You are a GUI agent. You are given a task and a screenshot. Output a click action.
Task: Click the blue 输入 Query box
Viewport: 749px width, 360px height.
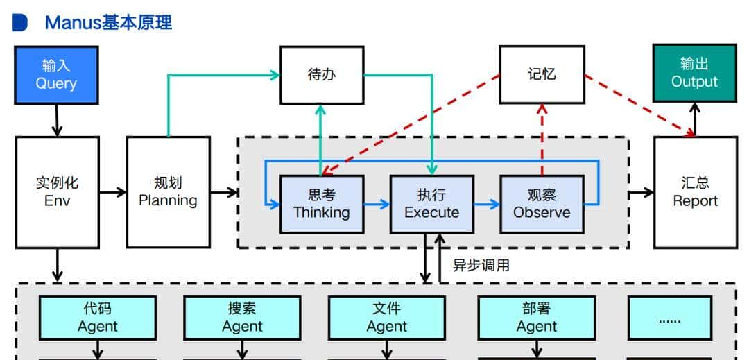(x=56, y=75)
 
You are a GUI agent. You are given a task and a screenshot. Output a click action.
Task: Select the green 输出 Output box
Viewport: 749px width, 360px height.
(x=694, y=74)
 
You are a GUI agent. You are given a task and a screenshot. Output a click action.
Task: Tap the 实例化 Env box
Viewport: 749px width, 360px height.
(x=57, y=192)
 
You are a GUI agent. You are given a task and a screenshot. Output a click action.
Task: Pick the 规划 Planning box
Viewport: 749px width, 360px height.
(x=168, y=192)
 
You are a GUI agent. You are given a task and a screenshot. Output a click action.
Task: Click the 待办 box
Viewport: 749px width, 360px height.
(x=322, y=75)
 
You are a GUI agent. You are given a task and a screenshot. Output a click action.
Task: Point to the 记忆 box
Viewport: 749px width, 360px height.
(x=542, y=74)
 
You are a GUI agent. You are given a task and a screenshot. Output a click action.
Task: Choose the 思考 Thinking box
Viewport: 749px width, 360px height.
(x=322, y=204)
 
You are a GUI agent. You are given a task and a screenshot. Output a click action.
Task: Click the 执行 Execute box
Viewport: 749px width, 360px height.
(x=431, y=204)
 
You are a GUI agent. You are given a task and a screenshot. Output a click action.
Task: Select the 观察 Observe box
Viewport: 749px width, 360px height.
(x=542, y=204)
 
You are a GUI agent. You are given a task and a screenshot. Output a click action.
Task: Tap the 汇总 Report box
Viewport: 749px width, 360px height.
(x=695, y=192)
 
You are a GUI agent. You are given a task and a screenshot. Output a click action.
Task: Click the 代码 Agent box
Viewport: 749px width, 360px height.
(x=98, y=318)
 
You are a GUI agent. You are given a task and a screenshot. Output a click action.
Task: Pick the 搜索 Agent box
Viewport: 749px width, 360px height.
(x=242, y=318)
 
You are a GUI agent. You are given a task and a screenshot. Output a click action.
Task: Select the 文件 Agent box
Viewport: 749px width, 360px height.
(x=387, y=318)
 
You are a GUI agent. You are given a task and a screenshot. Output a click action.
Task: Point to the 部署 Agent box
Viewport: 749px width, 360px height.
(x=536, y=318)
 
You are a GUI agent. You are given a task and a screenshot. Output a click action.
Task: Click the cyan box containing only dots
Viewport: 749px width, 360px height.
(x=669, y=318)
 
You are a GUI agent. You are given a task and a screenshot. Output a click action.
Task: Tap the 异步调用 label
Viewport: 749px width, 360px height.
(x=481, y=265)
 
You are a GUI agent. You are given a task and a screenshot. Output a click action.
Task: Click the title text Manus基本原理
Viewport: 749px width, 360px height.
(x=108, y=22)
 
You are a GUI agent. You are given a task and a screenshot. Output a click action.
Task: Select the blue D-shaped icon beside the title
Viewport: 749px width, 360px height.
(x=20, y=22)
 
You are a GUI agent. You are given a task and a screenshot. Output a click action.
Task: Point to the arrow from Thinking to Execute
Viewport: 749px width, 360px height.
(x=377, y=204)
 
